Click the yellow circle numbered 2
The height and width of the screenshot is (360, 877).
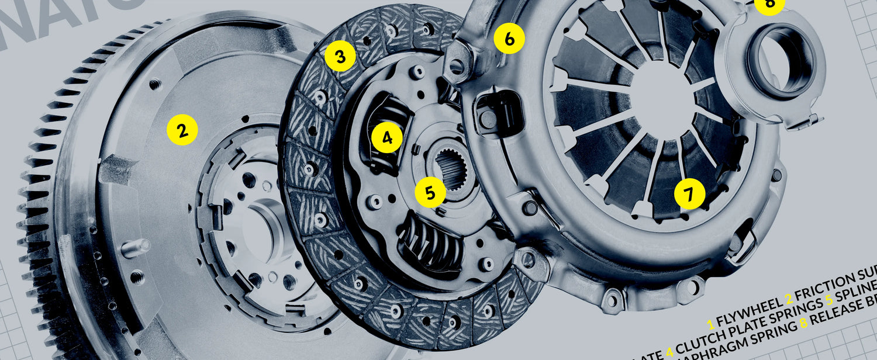coord(182,130)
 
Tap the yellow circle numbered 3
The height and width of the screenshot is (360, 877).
coord(341,56)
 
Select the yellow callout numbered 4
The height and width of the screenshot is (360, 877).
coord(387,137)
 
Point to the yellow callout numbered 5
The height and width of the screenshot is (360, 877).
coord(430,192)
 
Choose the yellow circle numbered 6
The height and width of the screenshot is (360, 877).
coord(509,39)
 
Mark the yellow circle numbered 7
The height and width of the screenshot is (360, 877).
coord(689,193)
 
